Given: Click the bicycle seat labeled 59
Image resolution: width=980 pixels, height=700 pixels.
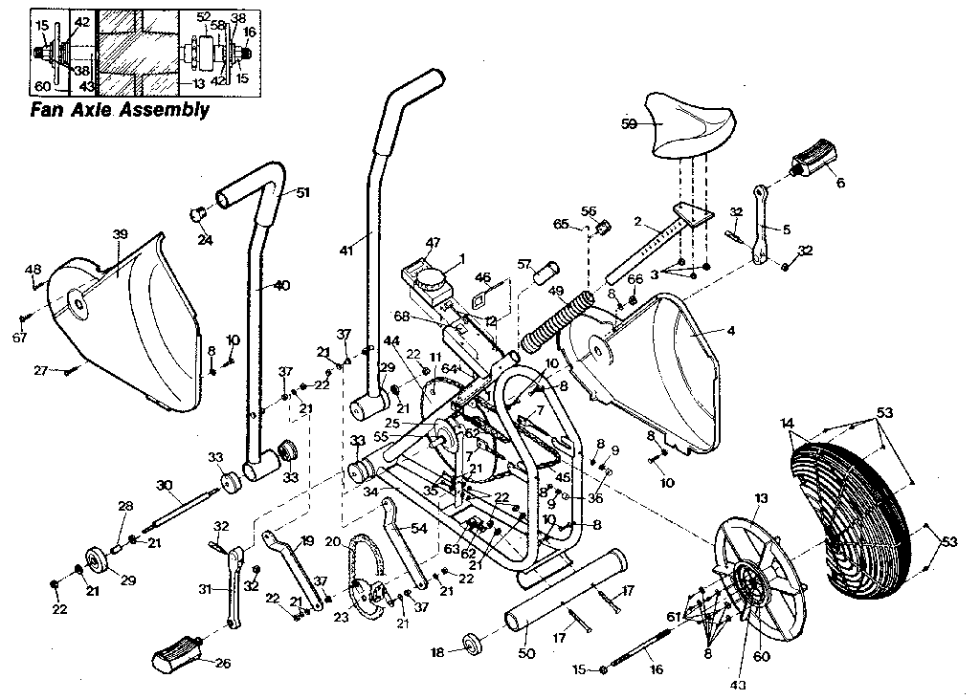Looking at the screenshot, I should click(690, 128).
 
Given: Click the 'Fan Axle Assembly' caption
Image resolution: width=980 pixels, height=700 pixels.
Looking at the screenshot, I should click(120, 109).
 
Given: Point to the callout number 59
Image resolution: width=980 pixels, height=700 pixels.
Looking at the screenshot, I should click(629, 123).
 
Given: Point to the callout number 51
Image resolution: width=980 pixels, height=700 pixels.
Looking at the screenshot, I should click(302, 192).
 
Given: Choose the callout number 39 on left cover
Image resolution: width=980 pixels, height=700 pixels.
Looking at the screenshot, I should click(120, 234).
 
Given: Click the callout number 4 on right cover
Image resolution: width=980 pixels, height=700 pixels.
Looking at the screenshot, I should click(731, 331).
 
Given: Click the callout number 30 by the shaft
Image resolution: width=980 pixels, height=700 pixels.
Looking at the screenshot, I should click(165, 486).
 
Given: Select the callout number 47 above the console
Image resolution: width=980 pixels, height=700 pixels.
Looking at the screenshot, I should click(434, 245).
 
